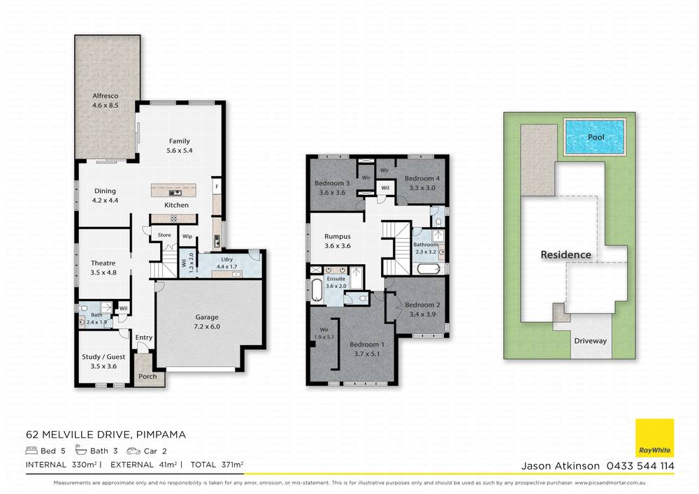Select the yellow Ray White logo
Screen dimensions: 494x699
654,437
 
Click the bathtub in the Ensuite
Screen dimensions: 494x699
318,288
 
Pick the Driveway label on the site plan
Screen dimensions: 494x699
591,342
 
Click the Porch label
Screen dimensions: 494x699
147,377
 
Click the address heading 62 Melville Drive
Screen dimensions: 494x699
106,435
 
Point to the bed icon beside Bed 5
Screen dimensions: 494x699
31,451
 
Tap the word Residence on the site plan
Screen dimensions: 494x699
565,255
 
